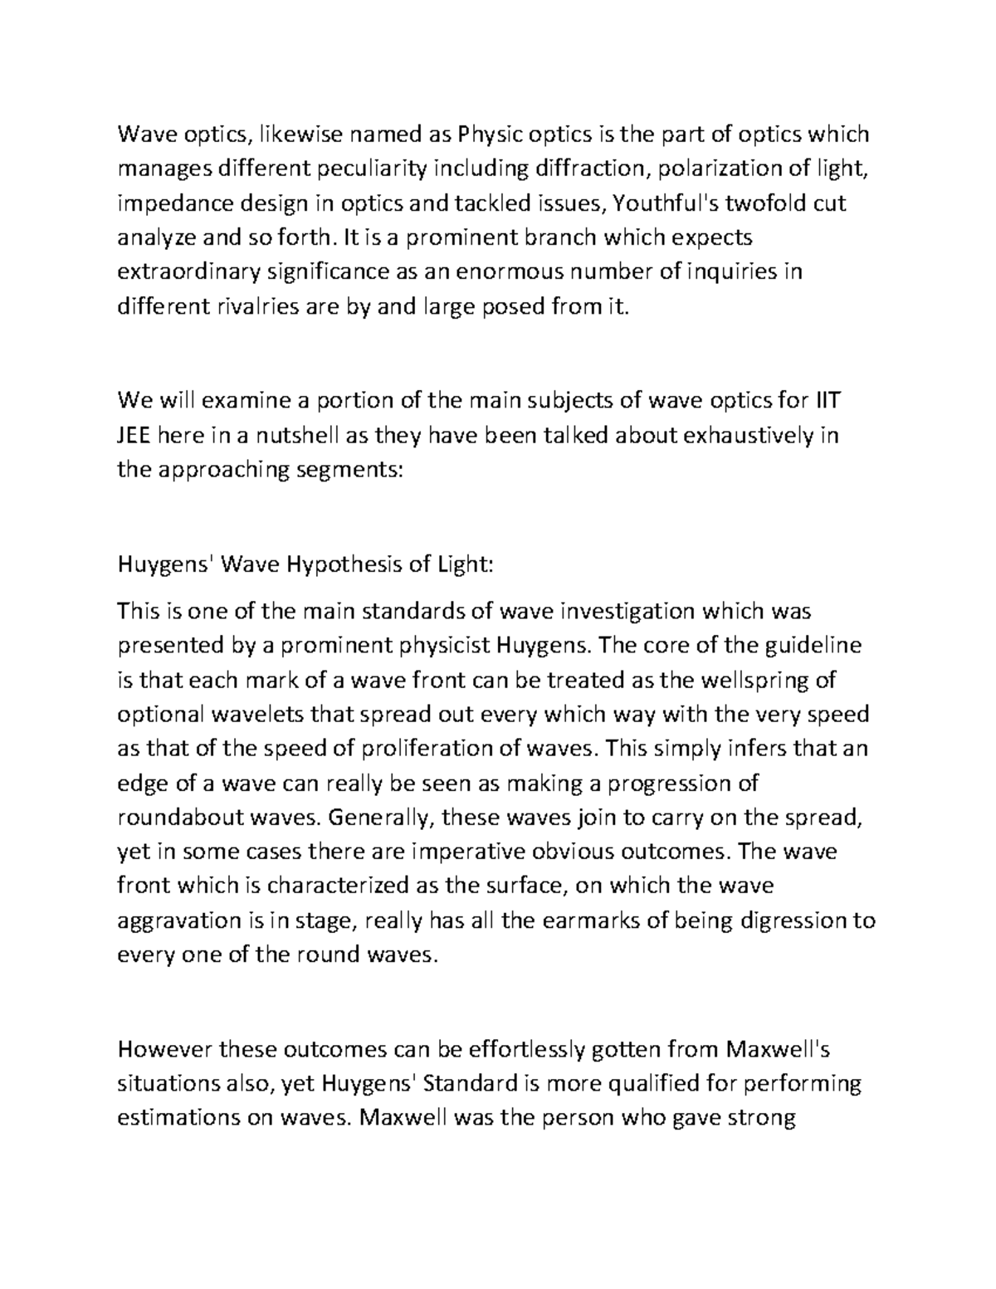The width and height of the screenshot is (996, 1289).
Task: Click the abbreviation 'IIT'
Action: point(826,402)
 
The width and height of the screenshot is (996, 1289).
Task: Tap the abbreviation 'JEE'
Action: point(134,437)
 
